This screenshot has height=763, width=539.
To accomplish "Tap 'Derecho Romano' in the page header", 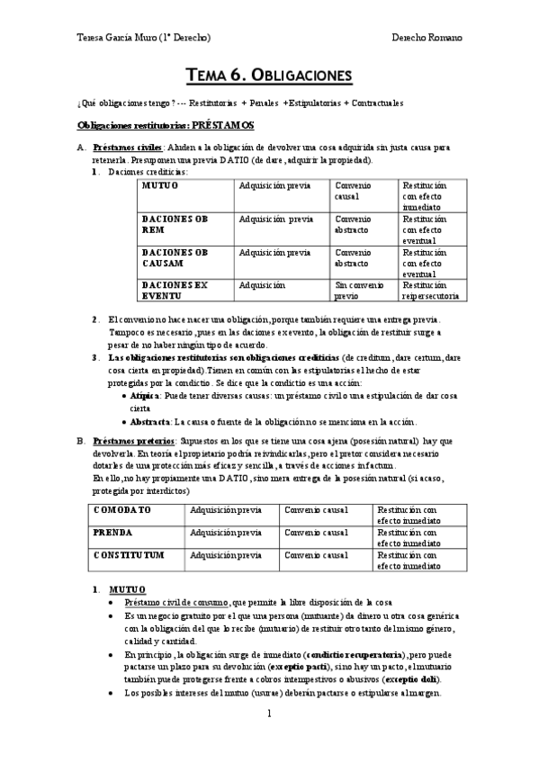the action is point(427,38).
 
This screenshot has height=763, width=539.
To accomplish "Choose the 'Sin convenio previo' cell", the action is point(352,290).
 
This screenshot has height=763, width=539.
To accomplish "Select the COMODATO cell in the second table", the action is point(122,509).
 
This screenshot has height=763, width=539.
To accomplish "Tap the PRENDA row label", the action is point(112,532).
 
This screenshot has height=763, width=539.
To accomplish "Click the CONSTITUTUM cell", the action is point(128,554).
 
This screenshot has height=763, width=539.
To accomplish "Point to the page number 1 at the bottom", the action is point(268,714).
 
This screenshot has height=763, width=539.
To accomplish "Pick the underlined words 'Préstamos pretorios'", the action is point(126,441).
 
